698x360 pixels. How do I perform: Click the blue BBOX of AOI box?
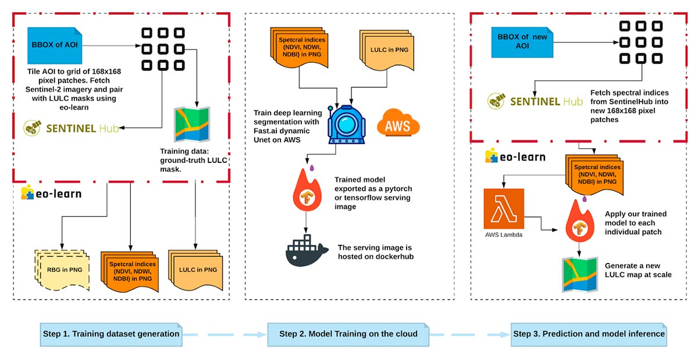click(x=55, y=45)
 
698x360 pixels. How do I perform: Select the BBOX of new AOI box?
click(x=522, y=42)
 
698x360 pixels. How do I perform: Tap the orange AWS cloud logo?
click(x=398, y=123)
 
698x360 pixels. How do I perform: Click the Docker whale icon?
click(x=307, y=251)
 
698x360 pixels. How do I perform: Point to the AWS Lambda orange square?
click(x=504, y=209)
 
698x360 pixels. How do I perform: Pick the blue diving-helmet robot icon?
click(x=346, y=124)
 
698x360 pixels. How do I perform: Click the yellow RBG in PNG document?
click(x=62, y=270)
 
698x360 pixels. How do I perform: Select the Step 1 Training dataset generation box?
click(x=111, y=334)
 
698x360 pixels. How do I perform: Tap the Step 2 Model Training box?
click(x=348, y=334)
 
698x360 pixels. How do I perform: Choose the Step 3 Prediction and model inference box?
click(x=589, y=334)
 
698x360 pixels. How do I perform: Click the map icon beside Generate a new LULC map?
click(x=580, y=275)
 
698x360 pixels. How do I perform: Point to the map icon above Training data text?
click(x=192, y=124)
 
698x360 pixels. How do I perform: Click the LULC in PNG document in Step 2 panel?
click(x=387, y=50)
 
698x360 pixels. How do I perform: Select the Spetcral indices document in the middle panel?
click(x=299, y=47)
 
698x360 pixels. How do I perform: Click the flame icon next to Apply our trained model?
click(x=579, y=220)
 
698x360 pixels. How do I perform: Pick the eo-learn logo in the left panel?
click(x=51, y=193)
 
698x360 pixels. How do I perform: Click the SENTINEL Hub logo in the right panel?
click(x=535, y=101)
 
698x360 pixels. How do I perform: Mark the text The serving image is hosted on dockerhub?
click(x=376, y=252)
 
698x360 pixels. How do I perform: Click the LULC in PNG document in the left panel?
click(x=195, y=270)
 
